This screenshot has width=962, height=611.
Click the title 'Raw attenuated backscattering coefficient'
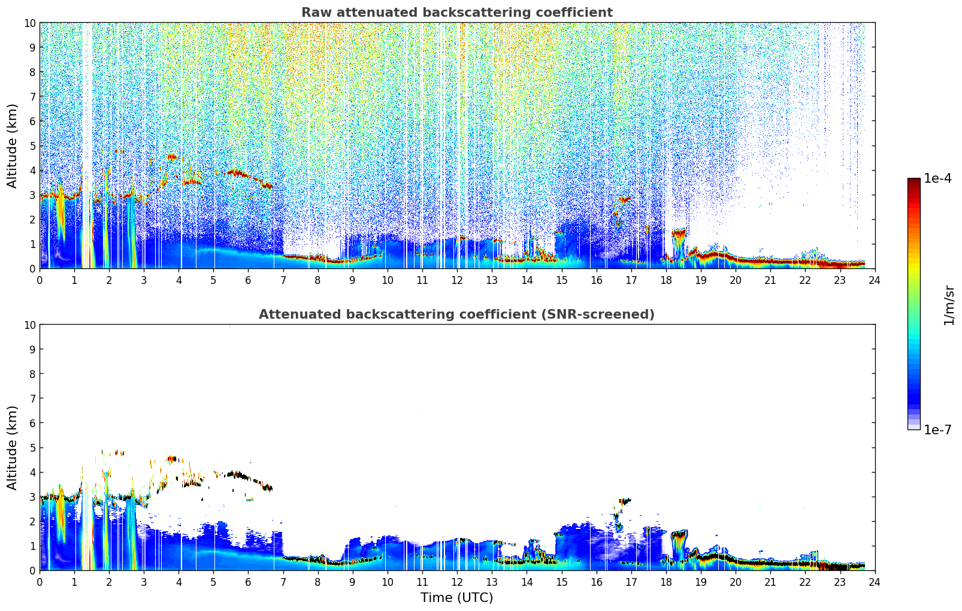click(457, 13)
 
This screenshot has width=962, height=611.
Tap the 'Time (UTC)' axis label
click(457, 597)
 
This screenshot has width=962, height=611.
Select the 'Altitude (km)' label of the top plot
click(11, 146)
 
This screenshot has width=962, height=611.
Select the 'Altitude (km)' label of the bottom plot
click(11, 448)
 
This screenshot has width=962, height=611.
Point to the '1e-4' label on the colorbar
click(937, 178)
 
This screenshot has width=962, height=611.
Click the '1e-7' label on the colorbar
click(937, 430)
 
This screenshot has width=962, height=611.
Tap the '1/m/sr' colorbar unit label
click(949, 305)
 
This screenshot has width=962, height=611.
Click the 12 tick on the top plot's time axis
click(457, 280)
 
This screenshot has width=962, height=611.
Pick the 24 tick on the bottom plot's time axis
click(875, 582)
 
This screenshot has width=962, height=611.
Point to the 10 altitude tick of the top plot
click(29, 23)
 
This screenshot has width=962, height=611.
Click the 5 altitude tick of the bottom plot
click(32, 448)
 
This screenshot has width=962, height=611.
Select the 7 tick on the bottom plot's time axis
click(283, 582)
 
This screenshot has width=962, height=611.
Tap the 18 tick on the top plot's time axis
click(665, 280)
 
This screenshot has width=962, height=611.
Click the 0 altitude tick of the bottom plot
click(32, 571)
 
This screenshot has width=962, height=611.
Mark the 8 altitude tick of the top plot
click(32, 72)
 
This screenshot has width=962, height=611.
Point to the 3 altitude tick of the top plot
click(32, 195)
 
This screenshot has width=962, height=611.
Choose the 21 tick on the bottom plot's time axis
click(770, 582)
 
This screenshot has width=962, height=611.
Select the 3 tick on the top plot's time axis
click(144, 280)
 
